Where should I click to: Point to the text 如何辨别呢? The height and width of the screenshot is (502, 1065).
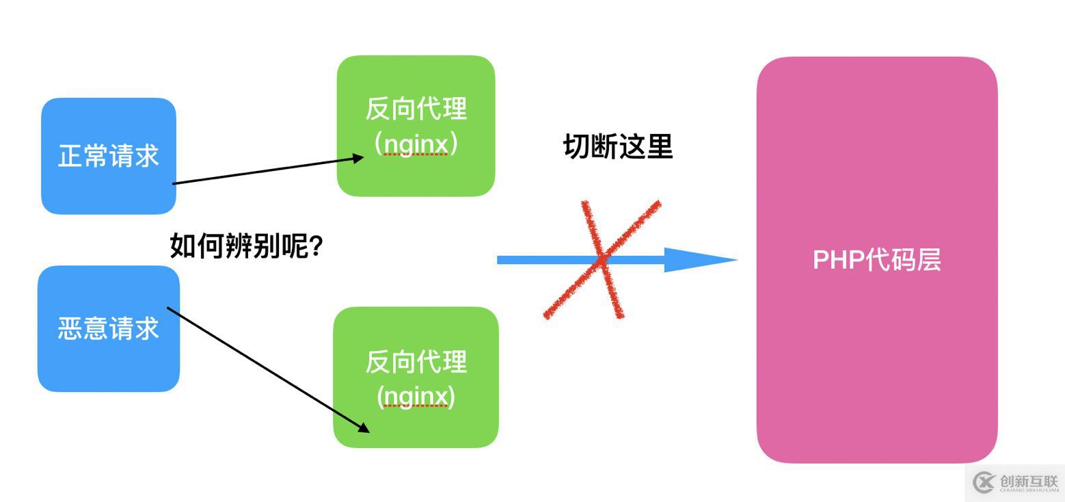246,246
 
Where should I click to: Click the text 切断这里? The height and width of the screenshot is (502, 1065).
618,146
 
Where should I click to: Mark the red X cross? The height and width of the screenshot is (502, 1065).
602,259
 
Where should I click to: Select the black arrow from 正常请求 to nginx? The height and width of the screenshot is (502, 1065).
267,171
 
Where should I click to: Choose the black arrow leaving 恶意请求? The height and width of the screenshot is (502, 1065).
267,369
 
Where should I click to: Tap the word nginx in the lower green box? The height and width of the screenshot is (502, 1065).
416,396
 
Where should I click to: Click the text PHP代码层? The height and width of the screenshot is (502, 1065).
876,260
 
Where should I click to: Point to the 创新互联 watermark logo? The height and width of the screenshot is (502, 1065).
1016,482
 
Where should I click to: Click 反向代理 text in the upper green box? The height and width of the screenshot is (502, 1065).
416,109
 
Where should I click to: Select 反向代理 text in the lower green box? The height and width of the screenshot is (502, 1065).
416,362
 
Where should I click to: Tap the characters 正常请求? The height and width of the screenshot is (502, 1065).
108,156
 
